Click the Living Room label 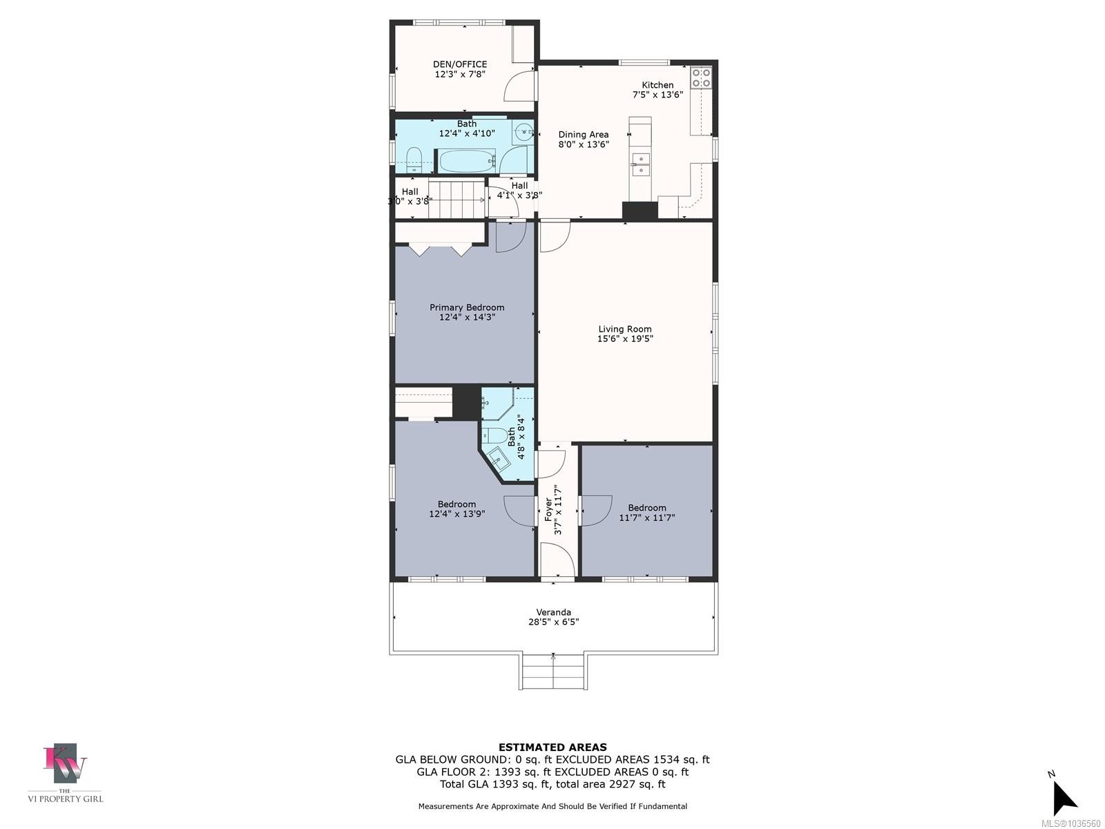click(625, 330)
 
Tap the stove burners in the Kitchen click(701, 77)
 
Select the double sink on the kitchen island click(640, 164)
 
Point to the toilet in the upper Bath click(413, 160)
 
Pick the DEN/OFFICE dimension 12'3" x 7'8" click(460, 74)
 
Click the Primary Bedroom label click(467, 307)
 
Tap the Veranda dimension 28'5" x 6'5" click(553, 622)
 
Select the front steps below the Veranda click(553, 671)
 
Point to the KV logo click(66, 763)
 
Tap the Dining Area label click(584, 135)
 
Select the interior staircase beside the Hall click(457, 200)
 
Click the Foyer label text click(549, 509)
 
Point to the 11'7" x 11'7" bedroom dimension click(647, 517)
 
